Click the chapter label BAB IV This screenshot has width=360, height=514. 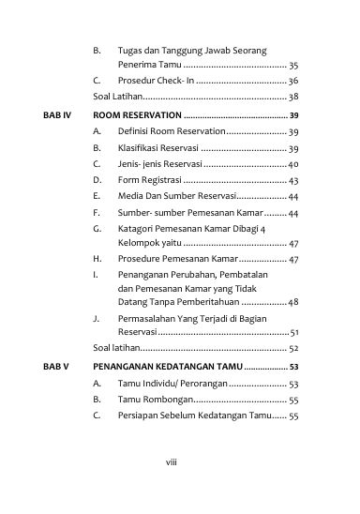tap(57, 114)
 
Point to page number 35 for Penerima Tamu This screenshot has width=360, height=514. tap(292, 66)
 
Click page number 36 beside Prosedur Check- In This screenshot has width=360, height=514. tap(292, 82)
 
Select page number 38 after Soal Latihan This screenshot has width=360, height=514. tap(292, 97)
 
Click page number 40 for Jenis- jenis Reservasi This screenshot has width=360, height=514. tap(292, 164)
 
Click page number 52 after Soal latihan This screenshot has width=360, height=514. tap(292, 348)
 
